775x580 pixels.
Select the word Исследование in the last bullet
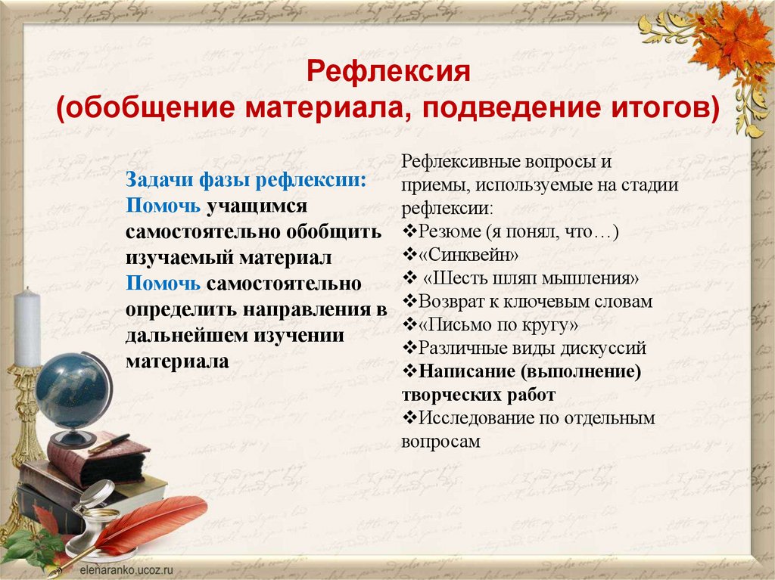pyautogui.click(x=475, y=418)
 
